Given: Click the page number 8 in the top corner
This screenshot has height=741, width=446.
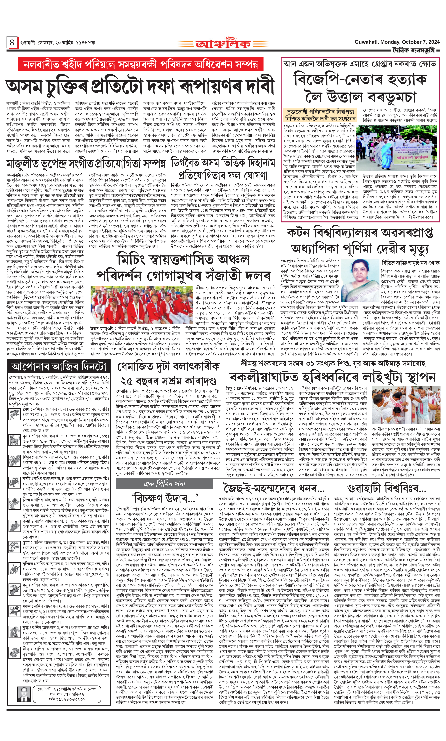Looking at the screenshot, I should click(x=12, y=42).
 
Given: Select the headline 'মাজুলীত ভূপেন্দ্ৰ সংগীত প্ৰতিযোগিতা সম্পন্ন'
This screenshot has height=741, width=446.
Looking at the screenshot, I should click(x=86, y=163).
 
